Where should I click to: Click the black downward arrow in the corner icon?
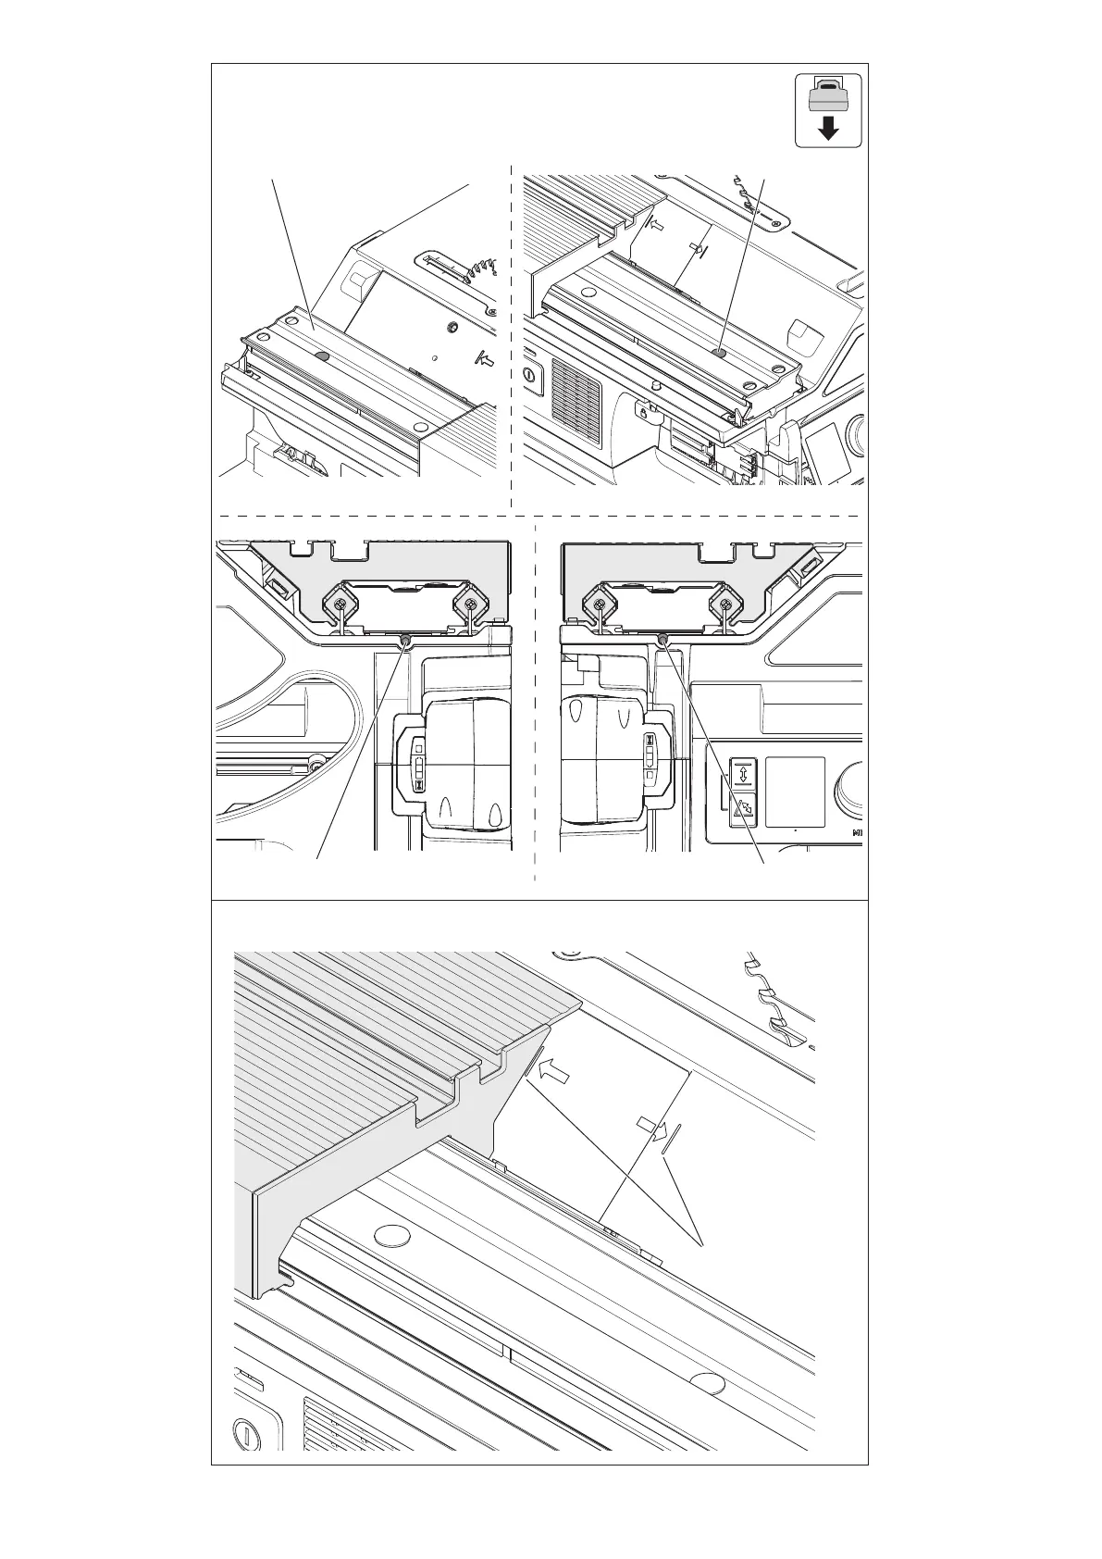point(829,129)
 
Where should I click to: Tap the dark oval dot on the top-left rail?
point(321,355)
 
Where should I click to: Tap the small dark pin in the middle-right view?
point(663,639)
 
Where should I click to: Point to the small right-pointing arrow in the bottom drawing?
point(651,1128)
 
